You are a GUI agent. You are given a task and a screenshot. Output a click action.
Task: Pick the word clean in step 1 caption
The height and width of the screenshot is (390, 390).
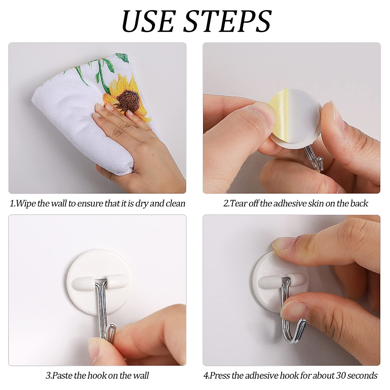coord(175,204)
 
